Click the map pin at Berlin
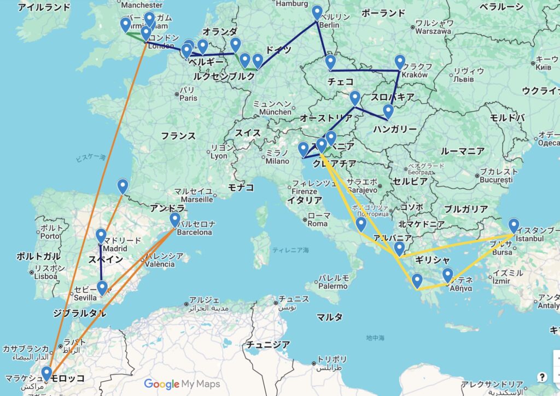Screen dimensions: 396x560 (317, 13)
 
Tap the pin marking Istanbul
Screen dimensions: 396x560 (514, 225)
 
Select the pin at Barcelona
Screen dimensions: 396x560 (175, 219)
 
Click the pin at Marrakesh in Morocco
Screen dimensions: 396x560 (47, 373)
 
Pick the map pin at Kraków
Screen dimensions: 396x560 (400, 62)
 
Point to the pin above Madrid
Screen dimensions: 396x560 (101, 236)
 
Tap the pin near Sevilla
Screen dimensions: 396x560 (102, 287)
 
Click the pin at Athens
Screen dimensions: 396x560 (448, 275)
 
